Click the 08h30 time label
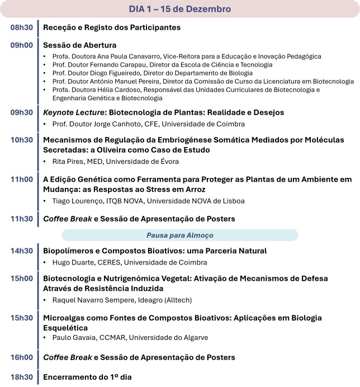(21, 27)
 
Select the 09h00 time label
(21, 45)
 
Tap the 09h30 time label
(21, 112)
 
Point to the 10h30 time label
(21, 140)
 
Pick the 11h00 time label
(21, 180)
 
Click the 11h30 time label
(21, 219)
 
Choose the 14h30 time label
(21, 251)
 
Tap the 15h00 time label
(21, 279)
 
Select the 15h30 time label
(21, 318)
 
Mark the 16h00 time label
(21, 357)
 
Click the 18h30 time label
(21, 377)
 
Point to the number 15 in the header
(166, 9)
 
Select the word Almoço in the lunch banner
(201, 235)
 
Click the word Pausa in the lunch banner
(157, 235)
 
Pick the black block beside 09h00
(199, 70)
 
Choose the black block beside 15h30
(199, 330)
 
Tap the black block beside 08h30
(199, 27)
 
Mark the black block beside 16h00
(199, 359)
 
